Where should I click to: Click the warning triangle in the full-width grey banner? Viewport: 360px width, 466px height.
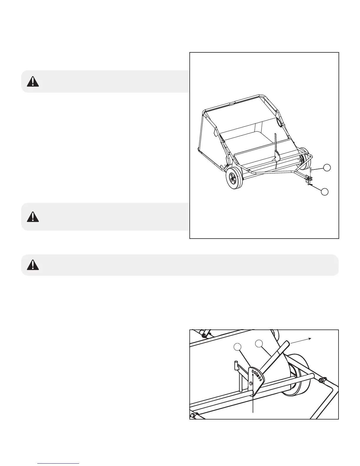(33, 265)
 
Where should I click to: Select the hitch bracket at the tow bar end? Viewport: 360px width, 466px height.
(308, 179)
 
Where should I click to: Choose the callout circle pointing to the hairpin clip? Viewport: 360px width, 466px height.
(325, 192)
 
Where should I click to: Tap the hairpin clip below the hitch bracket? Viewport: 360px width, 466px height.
(310, 185)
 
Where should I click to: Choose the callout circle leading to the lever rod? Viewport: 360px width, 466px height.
(259, 343)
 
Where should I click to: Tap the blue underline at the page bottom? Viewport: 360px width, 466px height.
(59, 464)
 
